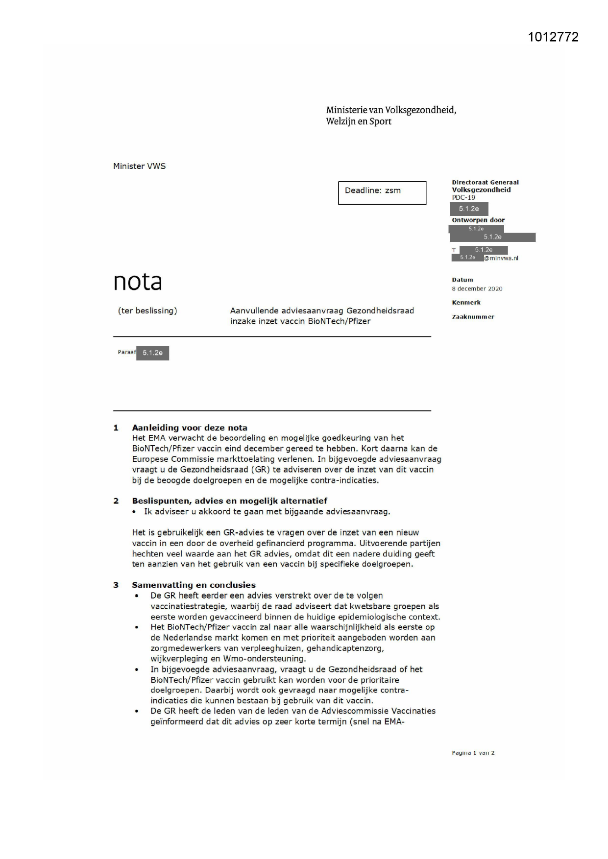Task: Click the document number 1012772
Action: coord(553,37)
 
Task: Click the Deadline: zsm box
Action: coord(382,192)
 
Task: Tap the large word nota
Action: coord(138,282)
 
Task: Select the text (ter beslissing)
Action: coord(147,310)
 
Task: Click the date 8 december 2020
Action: coord(477,289)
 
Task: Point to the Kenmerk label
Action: coord(466,303)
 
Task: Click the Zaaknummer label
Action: coord(473,317)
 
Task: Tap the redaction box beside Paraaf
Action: coord(152,353)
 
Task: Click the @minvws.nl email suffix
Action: coord(501,258)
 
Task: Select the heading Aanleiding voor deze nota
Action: coord(189,428)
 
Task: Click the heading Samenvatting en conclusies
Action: coord(194,585)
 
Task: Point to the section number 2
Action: coord(116,501)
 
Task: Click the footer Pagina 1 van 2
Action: coord(473,753)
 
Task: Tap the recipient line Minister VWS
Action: coord(139,166)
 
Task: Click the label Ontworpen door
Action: coord(478,220)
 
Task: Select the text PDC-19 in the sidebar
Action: coord(463,197)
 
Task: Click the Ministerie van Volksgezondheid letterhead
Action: coord(391,116)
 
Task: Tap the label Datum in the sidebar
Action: coord(462,280)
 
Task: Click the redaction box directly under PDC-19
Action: coord(469,209)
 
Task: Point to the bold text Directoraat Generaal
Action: coord(485,182)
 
